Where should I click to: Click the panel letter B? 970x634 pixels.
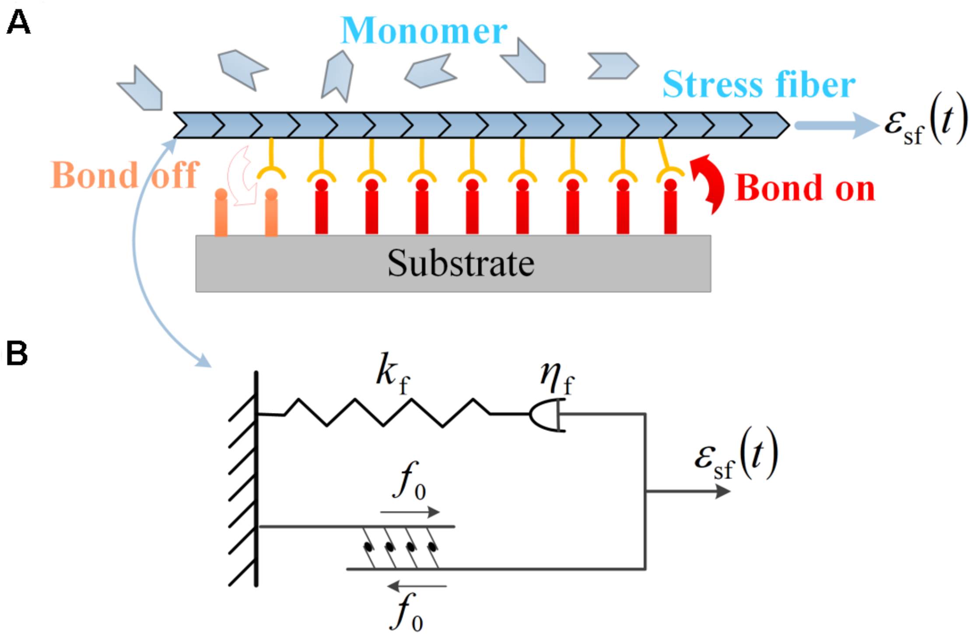tap(17, 353)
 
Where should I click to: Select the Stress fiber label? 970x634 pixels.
tap(759, 84)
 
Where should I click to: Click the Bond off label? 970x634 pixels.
tap(125, 175)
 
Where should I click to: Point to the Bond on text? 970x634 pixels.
tap(804, 188)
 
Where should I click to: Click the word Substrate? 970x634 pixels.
tap(460, 263)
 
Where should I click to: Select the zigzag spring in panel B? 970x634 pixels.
tap(385, 412)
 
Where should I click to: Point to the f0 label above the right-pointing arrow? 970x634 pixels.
tap(409, 481)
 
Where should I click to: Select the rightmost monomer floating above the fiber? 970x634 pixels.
tap(613, 66)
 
